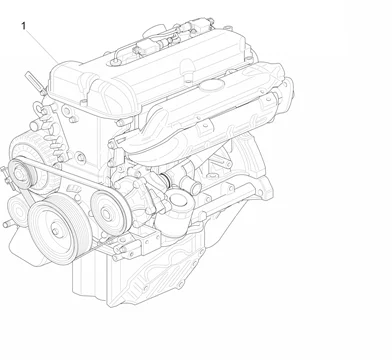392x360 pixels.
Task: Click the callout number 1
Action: (x=22, y=25)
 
